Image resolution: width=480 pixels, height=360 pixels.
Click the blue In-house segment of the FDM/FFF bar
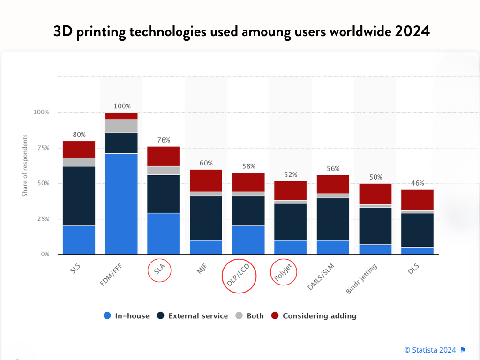[x=121, y=203]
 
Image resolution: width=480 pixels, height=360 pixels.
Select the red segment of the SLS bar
[x=79, y=149]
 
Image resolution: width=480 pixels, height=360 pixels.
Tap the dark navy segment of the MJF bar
[x=206, y=218]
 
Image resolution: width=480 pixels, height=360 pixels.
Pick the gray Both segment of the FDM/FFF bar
[x=121, y=126]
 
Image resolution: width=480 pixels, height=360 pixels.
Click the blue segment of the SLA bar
[x=164, y=233]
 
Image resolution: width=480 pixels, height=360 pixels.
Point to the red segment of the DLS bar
[x=417, y=200]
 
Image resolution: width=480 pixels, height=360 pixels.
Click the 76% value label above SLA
[x=164, y=140]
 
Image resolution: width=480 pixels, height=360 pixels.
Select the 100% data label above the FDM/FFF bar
[x=122, y=106]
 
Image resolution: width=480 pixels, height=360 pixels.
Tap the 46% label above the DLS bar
[x=417, y=183]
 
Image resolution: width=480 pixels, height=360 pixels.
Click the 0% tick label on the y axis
[x=45, y=254]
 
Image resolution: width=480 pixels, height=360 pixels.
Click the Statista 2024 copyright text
[x=430, y=350]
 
